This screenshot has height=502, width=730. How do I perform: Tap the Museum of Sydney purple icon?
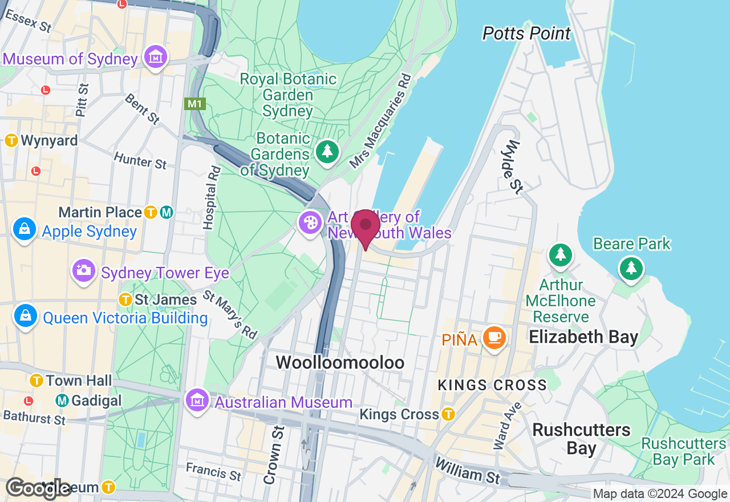pos(155,58)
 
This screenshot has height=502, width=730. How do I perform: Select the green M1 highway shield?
pos(195,104)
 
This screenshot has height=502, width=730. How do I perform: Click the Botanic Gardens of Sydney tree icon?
pos(327,152)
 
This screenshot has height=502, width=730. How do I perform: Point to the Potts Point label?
pos(526,34)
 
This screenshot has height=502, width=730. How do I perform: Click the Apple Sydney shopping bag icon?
pos(25,229)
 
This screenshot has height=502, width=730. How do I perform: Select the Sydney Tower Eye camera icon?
pos(84,270)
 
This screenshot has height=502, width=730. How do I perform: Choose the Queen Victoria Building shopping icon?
pos(25,315)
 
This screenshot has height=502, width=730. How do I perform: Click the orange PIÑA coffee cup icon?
pos(494,338)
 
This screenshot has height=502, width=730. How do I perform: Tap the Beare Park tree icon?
pos(630,268)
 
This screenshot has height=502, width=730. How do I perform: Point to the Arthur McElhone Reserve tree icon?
pos(561,255)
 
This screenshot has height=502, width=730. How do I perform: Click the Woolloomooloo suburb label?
pos(340,362)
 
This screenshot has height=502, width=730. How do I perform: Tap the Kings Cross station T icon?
pos(448,414)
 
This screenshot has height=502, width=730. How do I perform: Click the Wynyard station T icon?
pos(11,140)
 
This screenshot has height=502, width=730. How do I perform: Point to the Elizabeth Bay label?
pos(583,337)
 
